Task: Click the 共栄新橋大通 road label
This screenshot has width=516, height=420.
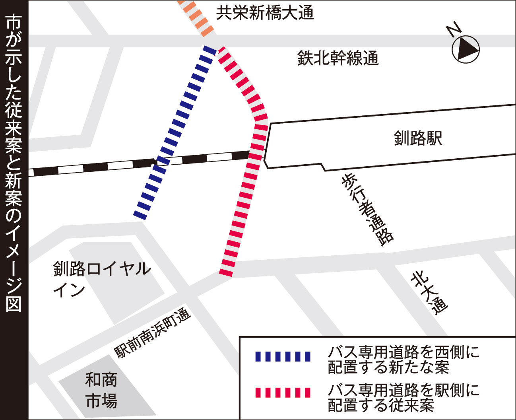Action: point(265,13)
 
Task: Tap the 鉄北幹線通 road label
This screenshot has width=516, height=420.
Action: point(338,58)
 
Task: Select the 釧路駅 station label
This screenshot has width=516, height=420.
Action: point(417,138)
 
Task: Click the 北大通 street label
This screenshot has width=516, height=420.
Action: point(429,292)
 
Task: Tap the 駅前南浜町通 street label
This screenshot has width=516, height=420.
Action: point(153,333)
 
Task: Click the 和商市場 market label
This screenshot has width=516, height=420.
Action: point(101,390)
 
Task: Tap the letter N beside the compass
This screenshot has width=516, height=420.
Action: point(454,29)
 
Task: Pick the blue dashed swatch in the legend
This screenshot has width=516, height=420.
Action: point(283,356)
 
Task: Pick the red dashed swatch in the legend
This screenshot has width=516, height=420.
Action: point(283,393)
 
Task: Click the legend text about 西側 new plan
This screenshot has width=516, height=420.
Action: point(403,360)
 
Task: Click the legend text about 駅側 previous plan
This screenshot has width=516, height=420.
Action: point(403,398)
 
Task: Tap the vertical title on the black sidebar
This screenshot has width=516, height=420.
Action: point(14,163)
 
